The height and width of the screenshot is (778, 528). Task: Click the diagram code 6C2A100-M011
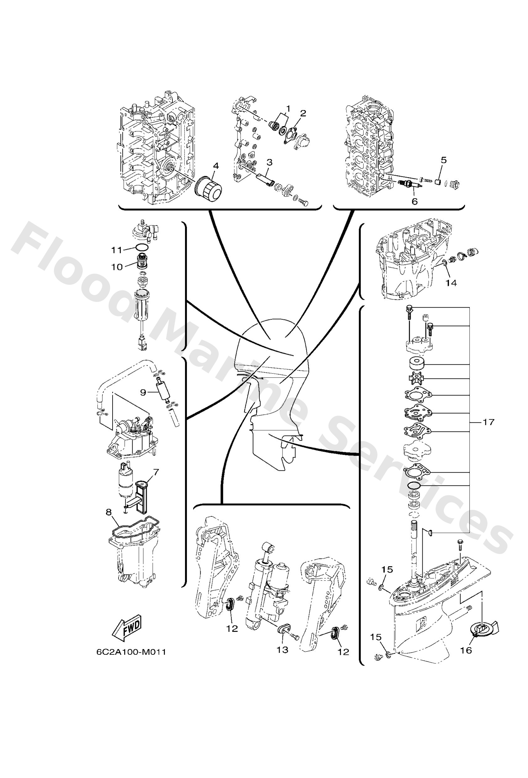point(131,652)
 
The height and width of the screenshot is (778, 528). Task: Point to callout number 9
point(143,392)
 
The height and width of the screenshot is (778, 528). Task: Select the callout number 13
point(282,650)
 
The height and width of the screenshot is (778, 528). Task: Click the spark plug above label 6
point(408,183)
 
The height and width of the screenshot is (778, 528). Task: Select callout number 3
point(269,162)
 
